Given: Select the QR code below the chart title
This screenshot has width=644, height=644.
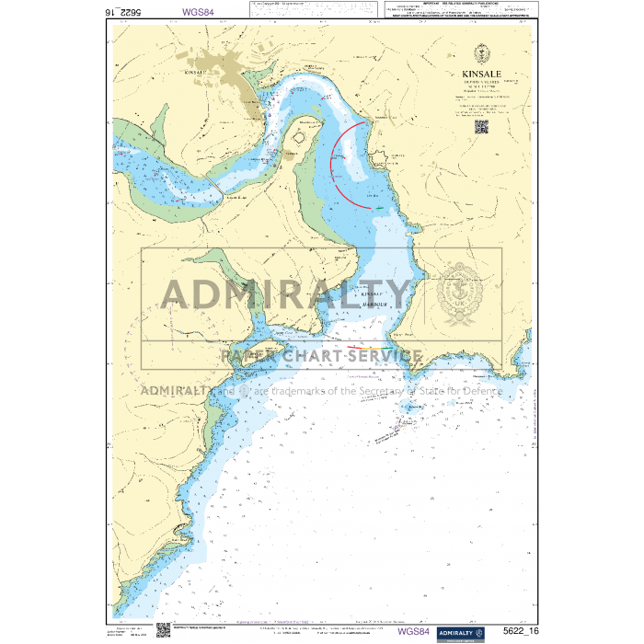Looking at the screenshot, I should tap(481, 127).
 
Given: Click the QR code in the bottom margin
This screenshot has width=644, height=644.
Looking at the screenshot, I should tap(163, 629).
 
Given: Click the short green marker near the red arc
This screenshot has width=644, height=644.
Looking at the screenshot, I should tap(379, 209).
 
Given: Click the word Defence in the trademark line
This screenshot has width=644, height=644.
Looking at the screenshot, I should tap(478, 390).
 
